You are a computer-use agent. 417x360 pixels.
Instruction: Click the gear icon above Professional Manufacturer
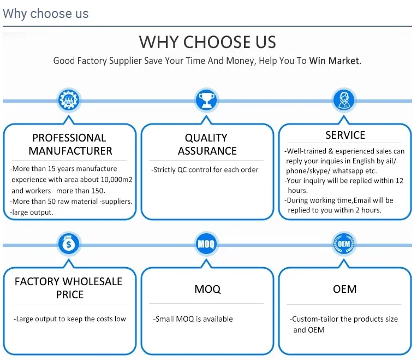point(69,100)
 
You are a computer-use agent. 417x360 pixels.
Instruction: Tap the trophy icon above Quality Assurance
point(206,100)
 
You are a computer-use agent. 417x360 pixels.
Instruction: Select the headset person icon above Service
point(344,100)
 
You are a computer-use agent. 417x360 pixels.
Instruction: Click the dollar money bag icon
point(69,244)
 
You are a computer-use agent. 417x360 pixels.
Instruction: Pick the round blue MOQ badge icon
point(206,244)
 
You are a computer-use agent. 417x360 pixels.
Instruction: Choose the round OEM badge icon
point(344,244)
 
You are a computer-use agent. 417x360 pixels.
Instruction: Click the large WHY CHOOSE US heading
point(207,42)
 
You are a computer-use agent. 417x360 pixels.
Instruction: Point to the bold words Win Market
point(334,61)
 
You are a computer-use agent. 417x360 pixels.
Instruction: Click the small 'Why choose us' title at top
point(45,14)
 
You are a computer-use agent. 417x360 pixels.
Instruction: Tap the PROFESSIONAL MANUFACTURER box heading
point(70,144)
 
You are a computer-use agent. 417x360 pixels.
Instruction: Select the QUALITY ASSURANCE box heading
point(207,144)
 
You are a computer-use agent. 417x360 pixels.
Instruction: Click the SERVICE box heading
point(345,135)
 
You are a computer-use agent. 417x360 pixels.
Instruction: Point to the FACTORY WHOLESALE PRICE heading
point(69,288)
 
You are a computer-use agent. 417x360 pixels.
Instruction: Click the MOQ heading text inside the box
point(207,288)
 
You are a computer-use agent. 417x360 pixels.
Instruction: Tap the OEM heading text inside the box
point(345,288)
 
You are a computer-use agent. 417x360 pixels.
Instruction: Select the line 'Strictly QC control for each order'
point(205,169)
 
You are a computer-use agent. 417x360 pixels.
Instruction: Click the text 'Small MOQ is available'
point(193,319)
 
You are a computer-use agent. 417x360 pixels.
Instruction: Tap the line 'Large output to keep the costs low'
point(70,319)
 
